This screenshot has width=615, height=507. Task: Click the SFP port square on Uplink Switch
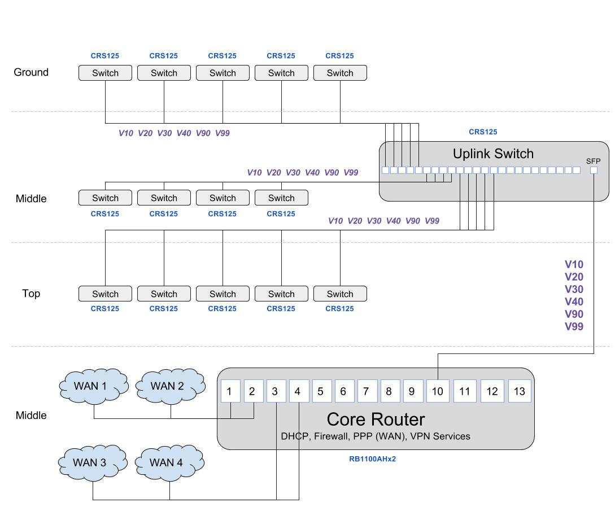(x=594, y=170)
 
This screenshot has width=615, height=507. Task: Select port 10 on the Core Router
(x=438, y=391)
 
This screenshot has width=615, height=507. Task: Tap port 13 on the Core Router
(x=520, y=391)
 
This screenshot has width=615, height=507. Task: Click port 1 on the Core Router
(x=230, y=391)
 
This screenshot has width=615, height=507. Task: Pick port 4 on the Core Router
(x=298, y=391)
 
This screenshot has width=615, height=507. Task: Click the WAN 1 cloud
(x=94, y=386)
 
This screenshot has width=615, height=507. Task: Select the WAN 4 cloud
(x=170, y=462)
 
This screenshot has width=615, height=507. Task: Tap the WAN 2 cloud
(x=171, y=386)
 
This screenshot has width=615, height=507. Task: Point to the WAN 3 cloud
(x=92, y=462)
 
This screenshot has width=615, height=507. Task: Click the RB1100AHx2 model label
(x=372, y=459)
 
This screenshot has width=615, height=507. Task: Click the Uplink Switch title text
(x=493, y=154)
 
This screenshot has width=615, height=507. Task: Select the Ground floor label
(x=31, y=72)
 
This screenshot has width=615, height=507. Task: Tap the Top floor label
(x=31, y=294)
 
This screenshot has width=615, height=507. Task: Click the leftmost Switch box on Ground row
(x=105, y=73)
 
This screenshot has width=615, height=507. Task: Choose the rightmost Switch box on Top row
(x=340, y=294)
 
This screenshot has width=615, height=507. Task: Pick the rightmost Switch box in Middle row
(x=281, y=198)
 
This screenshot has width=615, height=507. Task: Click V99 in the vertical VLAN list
(x=574, y=326)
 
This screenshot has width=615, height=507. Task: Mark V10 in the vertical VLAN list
(x=574, y=264)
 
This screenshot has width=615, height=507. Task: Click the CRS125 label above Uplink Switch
(x=483, y=132)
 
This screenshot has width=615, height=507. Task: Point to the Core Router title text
(x=376, y=419)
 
